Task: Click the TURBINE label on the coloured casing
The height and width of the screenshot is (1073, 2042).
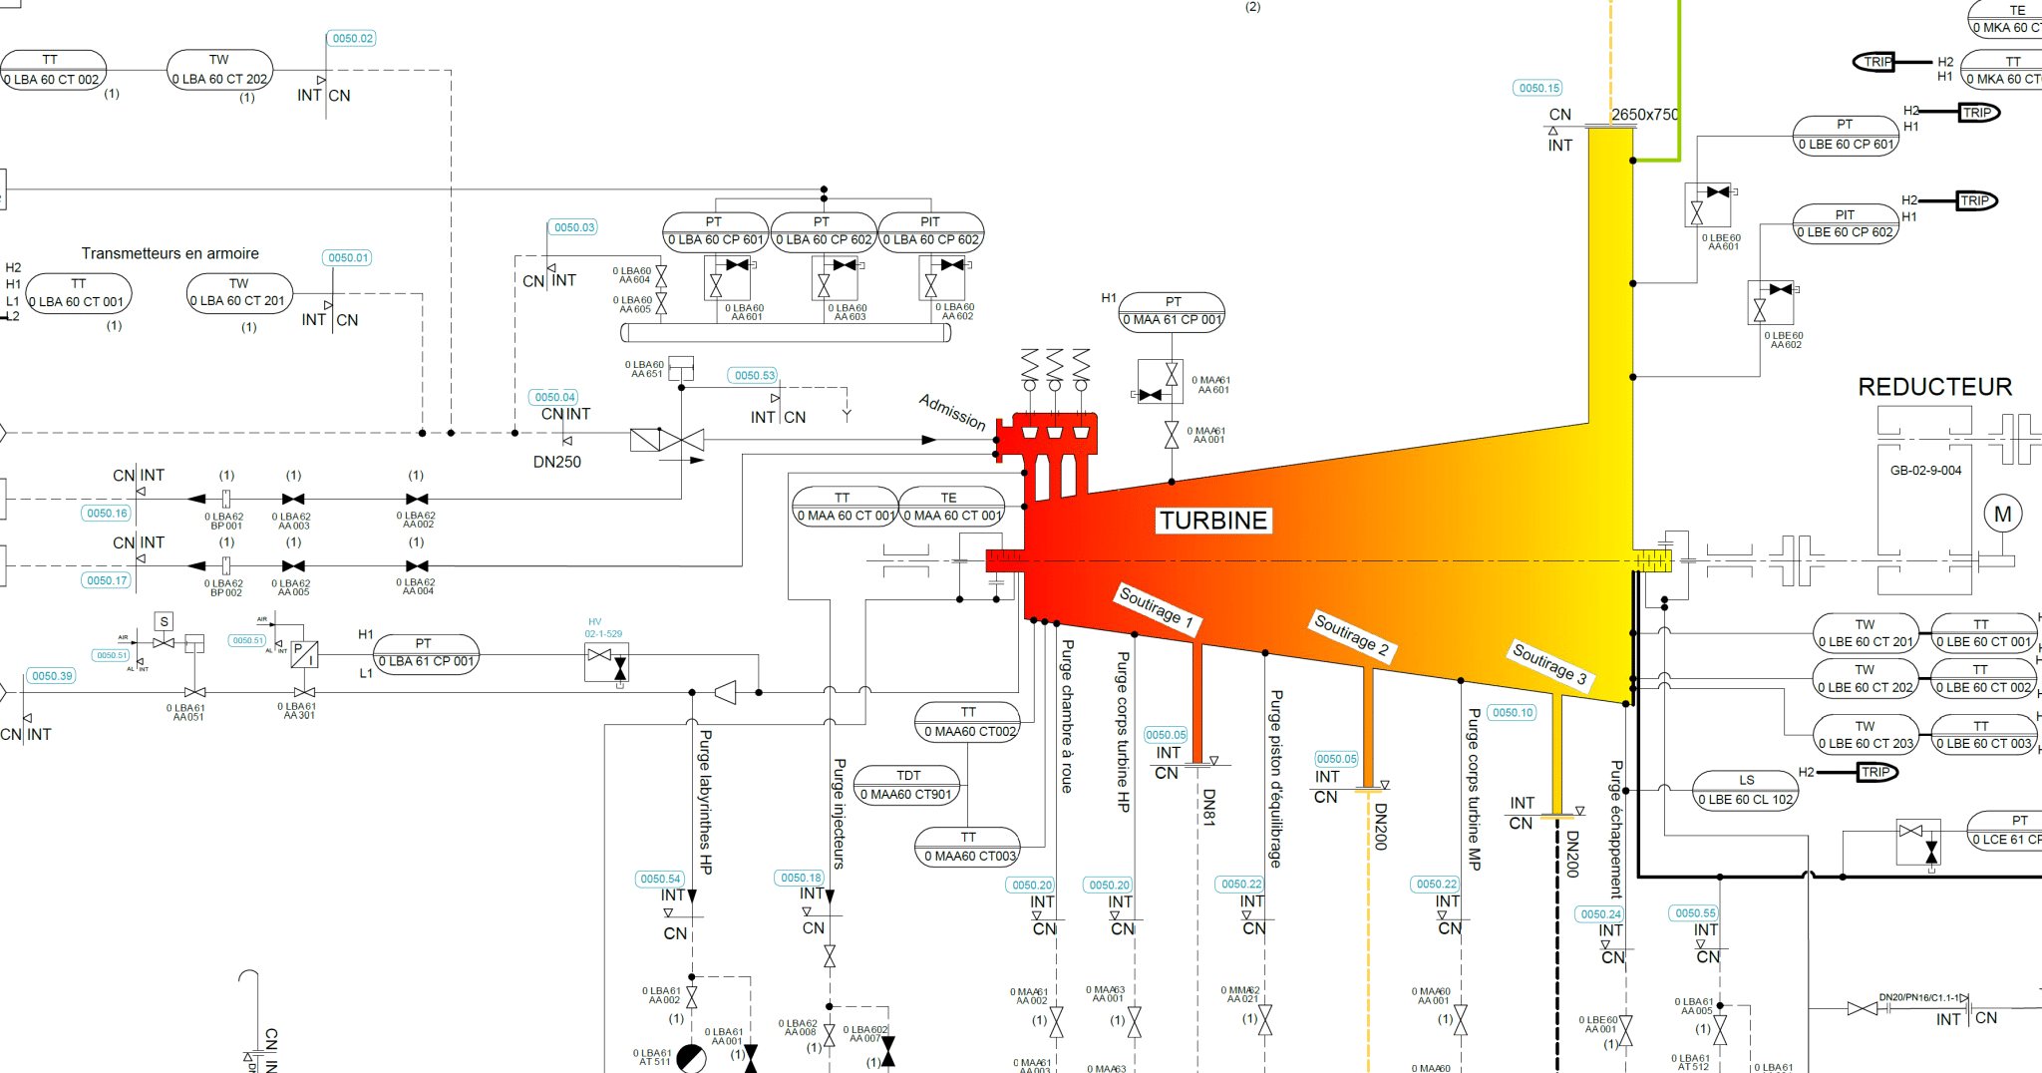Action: (1212, 521)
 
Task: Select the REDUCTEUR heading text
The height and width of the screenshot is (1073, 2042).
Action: (1934, 387)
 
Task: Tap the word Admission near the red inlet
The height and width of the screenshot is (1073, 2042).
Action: (952, 412)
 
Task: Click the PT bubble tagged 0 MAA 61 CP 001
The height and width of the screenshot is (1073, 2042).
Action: (1173, 311)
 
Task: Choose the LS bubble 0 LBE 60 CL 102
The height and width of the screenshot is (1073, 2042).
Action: (1746, 790)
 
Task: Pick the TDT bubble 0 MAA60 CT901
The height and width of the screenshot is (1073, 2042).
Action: (906, 785)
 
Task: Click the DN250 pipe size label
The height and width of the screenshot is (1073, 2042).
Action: (556, 462)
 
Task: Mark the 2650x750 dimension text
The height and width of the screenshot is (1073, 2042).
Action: (1644, 115)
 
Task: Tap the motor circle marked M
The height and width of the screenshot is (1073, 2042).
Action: (2002, 515)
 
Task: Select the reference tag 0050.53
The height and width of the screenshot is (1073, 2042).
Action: (754, 376)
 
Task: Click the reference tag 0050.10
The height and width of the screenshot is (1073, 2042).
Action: (1513, 713)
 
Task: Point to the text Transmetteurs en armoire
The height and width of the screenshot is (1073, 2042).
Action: (170, 253)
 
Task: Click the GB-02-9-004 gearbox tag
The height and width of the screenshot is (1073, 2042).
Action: (1925, 471)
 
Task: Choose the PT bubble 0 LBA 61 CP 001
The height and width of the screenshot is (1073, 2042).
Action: (426, 653)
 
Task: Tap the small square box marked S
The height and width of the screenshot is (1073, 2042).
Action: (165, 621)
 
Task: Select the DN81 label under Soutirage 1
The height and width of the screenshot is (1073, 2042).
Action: (1208, 807)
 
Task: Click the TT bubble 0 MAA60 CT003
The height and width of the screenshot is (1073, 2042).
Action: (968, 847)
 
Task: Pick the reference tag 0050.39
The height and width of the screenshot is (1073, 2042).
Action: (52, 676)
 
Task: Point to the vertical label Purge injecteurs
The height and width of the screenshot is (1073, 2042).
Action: (839, 813)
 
